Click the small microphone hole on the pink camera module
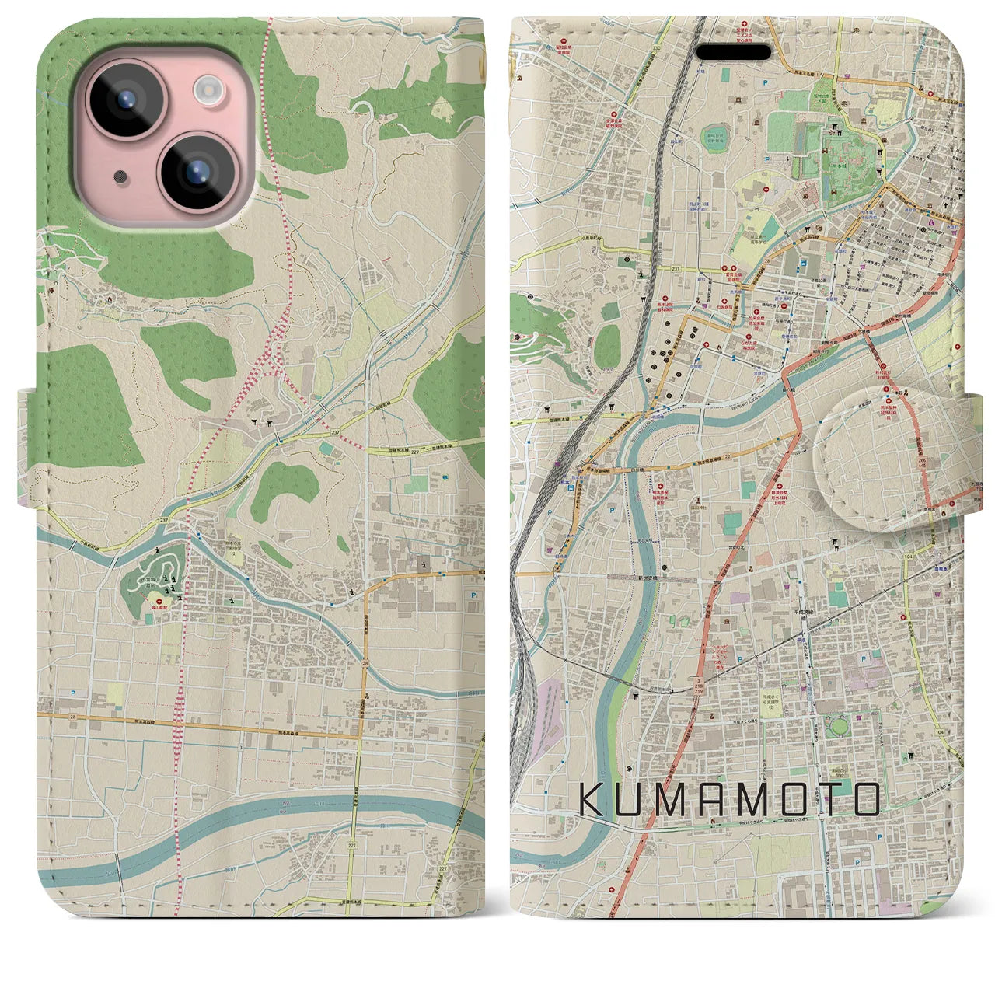120,176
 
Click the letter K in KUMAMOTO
592,800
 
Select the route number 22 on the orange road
726,456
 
